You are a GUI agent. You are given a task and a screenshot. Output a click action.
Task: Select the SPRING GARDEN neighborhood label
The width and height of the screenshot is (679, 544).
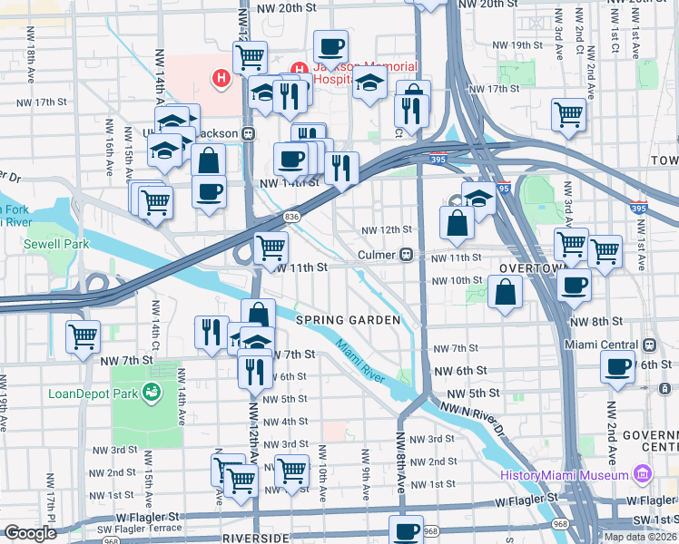[348, 320]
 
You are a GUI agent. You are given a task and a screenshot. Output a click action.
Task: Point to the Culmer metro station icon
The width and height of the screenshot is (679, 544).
[409, 256]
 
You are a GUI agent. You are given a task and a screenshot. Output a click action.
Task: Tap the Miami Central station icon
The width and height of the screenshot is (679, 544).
[648, 345]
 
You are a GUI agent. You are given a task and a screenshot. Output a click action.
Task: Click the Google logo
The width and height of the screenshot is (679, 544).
[30, 533]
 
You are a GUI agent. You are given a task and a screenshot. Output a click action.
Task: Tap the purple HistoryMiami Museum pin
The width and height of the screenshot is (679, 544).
[644, 474]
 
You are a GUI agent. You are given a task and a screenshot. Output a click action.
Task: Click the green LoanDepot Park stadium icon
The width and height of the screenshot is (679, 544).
[151, 392]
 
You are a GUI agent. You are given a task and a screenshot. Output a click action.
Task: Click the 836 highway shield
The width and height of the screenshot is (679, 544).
[291, 216]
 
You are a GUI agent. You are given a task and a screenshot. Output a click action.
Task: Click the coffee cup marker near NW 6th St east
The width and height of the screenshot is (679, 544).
[617, 367]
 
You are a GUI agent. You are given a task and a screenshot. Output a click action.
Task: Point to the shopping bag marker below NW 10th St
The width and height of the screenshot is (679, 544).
[505, 292]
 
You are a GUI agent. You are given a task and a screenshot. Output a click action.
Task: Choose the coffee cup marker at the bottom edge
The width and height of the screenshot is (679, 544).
[407, 529]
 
